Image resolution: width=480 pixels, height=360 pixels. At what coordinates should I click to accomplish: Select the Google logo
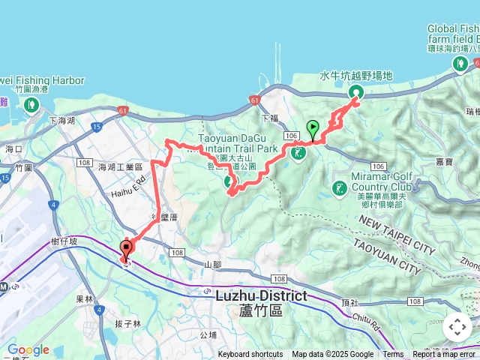tap(28, 349)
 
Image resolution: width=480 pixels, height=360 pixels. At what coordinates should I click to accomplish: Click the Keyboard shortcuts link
tap(250, 355)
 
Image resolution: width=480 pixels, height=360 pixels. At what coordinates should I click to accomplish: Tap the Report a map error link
tap(445, 355)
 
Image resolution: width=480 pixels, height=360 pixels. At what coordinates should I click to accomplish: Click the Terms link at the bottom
tap(393, 355)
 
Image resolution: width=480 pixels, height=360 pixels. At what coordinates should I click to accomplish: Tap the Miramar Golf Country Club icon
tap(340, 188)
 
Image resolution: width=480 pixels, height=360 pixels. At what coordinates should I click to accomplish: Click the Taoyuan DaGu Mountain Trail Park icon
tap(298, 153)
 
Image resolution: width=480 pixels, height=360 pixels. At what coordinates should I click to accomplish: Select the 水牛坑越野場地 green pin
tap(355, 92)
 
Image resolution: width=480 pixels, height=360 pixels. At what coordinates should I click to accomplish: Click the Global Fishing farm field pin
tap(459, 64)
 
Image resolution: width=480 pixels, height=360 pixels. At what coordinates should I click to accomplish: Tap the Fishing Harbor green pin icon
tap(31, 104)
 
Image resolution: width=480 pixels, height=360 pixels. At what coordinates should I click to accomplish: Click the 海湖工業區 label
tap(120, 166)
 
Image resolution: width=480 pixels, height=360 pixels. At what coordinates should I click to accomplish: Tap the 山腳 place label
tap(212, 265)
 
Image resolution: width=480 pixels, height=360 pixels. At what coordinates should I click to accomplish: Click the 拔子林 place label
tap(127, 324)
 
